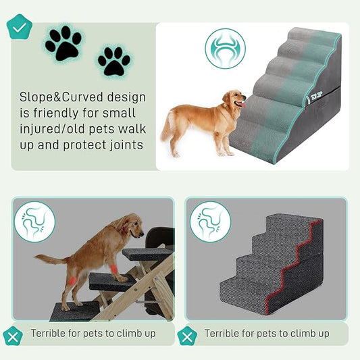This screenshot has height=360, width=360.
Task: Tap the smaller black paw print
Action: (113, 61)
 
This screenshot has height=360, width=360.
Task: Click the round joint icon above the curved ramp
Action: (225, 49)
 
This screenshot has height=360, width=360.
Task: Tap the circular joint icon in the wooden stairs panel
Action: (34, 222)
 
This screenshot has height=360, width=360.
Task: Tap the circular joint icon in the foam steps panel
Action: (210, 222)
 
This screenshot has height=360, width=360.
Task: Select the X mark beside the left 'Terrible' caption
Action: (12, 335)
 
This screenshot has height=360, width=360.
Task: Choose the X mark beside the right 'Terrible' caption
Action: (186, 335)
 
